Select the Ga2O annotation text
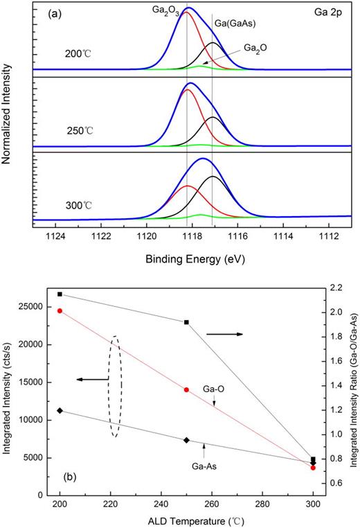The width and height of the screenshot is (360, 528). click(258, 49)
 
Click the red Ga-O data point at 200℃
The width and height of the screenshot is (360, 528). click(60, 310)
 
